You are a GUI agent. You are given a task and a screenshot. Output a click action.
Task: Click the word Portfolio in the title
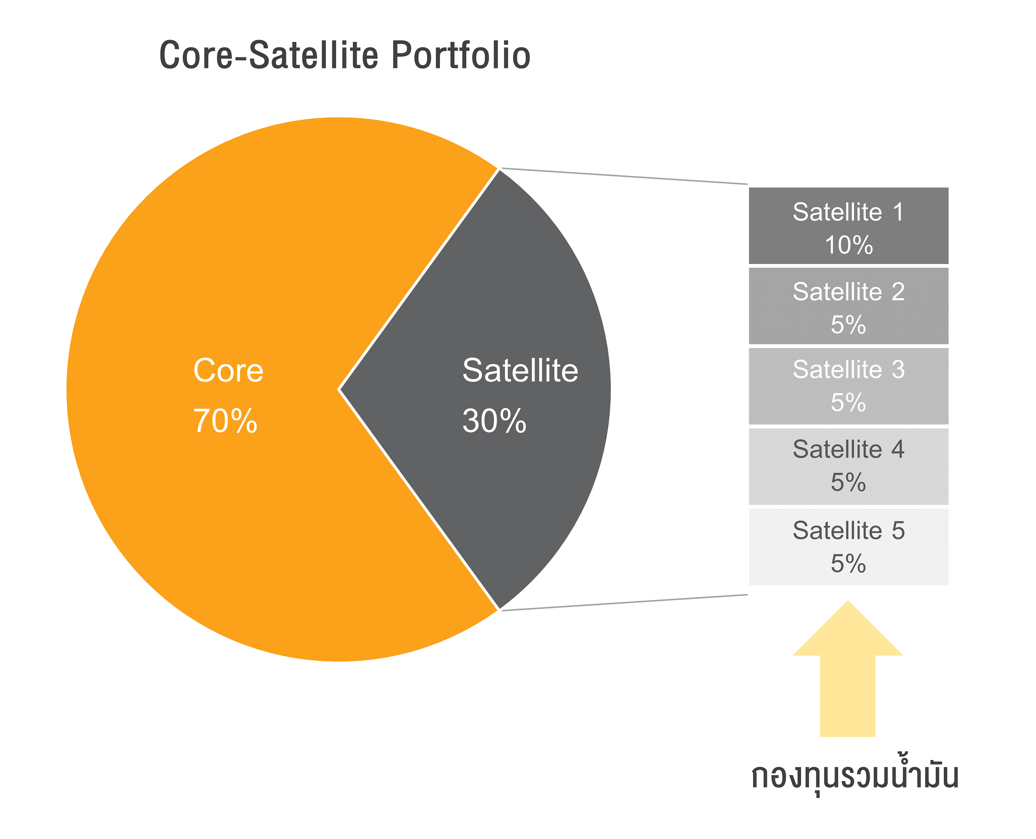click(x=461, y=55)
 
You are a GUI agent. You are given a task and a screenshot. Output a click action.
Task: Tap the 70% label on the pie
click(x=225, y=421)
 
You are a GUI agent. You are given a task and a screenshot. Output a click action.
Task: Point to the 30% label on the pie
click(x=494, y=421)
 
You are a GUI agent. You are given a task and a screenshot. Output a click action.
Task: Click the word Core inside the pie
click(x=228, y=371)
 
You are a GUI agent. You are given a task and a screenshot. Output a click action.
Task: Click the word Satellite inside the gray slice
click(x=520, y=371)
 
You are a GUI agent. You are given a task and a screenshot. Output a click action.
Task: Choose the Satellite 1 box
click(x=848, y=226)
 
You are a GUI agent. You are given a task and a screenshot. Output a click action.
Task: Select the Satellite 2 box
click(x=848, y=306)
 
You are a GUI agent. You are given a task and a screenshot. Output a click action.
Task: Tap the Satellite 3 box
click(x=848, y=386)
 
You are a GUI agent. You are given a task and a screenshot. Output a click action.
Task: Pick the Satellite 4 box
click(x=848, y=466)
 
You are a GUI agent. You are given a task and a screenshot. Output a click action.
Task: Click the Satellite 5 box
click(x=848, y=546)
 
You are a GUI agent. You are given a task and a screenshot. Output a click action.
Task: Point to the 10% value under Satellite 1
click(x=848, y=245)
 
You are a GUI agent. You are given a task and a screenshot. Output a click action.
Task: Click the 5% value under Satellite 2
click(x=848, y=324)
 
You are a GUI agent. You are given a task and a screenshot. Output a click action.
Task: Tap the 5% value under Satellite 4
click(x=848, y=482)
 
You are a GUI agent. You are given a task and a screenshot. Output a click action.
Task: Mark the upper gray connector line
click(x=624, y=176)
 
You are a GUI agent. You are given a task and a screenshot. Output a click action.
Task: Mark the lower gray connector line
click(x=624, y=602)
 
